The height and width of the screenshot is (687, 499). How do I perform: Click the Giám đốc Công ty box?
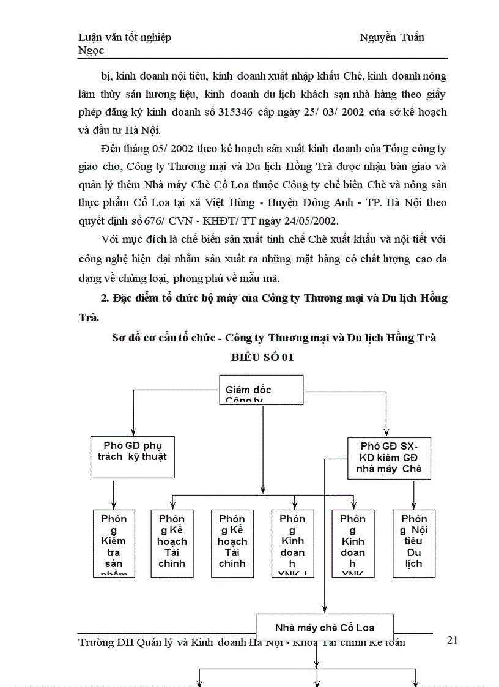click(261, 390)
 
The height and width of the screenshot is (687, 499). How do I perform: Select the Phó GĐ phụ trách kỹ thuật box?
click(133, 451)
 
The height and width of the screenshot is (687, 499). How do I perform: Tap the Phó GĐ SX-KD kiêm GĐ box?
click(388, 458)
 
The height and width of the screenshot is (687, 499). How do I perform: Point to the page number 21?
click(453, 640)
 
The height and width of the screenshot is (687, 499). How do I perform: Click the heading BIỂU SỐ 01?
click(262, 357)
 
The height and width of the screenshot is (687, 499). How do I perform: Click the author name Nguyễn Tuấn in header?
click(392, 37)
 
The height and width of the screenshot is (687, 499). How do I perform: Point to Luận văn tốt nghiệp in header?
click(125, 37)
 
